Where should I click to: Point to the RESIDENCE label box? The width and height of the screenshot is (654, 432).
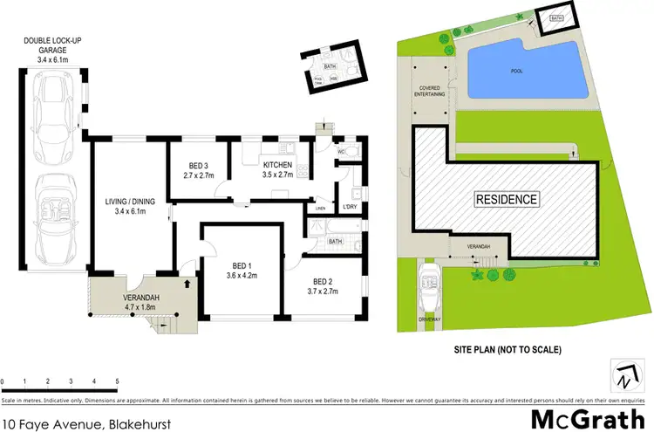point(506,199)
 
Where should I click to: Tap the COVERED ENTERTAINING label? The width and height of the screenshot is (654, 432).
point(430,92)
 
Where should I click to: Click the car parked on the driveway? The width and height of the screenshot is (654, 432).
point(430,284)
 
